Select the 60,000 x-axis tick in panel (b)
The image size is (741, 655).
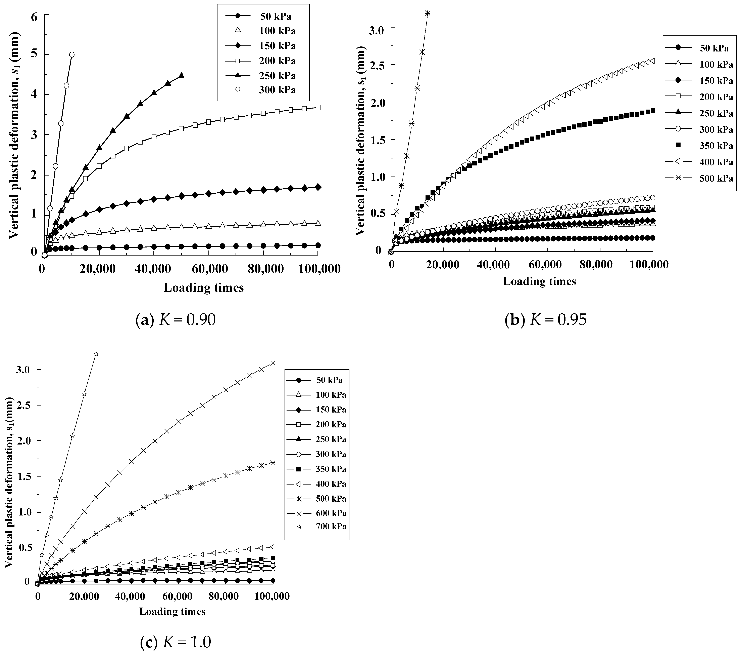[550, 264]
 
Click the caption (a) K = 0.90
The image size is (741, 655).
[176, 320]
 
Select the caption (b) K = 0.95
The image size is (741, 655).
[546, 320]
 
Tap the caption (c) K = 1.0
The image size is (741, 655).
[176, 643]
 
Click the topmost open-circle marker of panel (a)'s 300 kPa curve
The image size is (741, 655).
[72, 54]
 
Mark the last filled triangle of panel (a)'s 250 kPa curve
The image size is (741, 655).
[182, 75]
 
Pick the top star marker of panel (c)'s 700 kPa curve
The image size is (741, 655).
[96, 354]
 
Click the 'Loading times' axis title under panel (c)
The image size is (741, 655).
[172, 611]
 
